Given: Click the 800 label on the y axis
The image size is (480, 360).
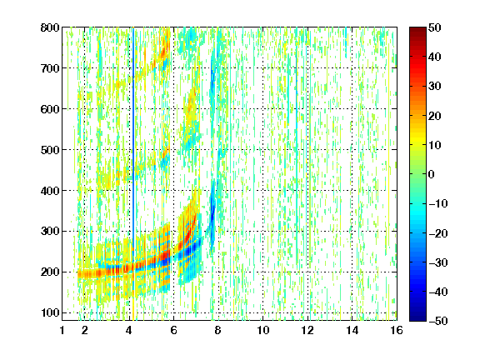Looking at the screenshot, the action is pyautogui.click(x=50, y=27).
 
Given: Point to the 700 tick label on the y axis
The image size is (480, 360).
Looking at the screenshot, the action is pyautogui.click(x=50, y=68).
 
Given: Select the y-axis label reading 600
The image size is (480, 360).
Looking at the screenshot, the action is pyautogui.click(x=50, y=109).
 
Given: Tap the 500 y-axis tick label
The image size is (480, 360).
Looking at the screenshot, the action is pyautogui.click(x=50, y=150).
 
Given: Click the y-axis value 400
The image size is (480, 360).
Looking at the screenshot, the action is pyautogui.click(x=50, y=191).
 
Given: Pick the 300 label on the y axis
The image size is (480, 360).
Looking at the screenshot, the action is pyautogui.click(x=50, y=232).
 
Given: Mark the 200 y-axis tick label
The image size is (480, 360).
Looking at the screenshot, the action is pyautogui.click(x=50, y=272).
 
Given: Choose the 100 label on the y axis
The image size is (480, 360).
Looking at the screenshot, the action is pyautogui.click(x=50, y=312).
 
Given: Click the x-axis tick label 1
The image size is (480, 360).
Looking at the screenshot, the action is pyautogui.click(x=62, y=330).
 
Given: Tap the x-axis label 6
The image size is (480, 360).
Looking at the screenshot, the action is pyautogui.click(x=173, y=330).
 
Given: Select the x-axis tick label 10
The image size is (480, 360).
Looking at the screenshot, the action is pyautogui.click(x=263, y=330).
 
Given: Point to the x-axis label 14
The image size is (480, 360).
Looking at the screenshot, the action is pyautogui.click(x=352, y=330).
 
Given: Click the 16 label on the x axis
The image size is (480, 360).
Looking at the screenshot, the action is pyautogui.click(x=397, y=330).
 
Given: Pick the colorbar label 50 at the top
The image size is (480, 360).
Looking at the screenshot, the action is pyautogui.click(x=434, y=27).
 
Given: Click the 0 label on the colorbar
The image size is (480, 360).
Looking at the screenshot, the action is pyautogui.click(x=432, y=174).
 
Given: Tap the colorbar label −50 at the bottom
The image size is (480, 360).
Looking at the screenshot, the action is pyautogui.click(x=438, y=321).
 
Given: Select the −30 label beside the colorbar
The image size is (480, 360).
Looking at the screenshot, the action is pyautogui.click(x=438, y=262).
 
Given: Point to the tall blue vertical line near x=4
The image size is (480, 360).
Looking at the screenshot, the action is pyautogui.click(x=133, y=137).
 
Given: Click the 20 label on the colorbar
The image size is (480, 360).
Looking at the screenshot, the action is pyautogui.click(x=434, y=116).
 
